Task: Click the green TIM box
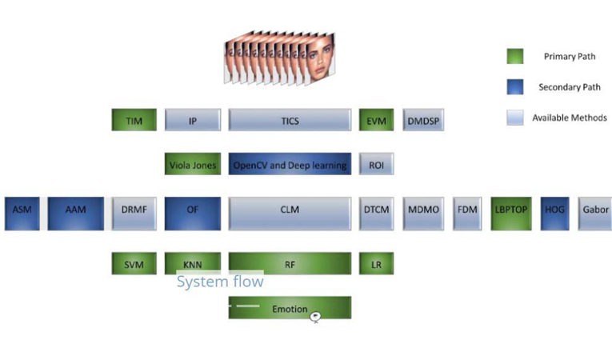(134, 120)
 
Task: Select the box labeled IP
(192, 120)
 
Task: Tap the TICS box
(290, 120)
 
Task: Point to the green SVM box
(134, 263)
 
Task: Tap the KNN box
(192, 263)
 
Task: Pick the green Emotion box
(290, 308)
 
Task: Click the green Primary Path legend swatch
(514, 56)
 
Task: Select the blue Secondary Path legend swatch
(514, 86)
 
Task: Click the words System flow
(219, 282)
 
